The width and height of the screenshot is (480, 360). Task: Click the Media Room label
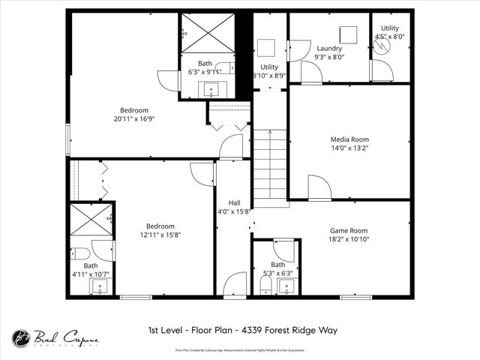(349, 139)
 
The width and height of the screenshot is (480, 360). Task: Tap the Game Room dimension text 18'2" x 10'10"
(349, 239)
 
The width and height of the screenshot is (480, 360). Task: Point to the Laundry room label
(329, 48)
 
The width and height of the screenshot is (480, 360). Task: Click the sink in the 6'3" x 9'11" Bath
(210, 90)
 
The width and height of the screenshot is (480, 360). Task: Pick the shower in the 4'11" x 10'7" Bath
(91, 218)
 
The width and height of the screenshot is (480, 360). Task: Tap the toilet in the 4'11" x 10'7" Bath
(79, 252)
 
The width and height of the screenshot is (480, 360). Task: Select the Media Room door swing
(319, 189)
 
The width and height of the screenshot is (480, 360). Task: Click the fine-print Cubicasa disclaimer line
(240, 349)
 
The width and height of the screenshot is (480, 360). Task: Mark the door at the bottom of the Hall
(235, 286)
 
